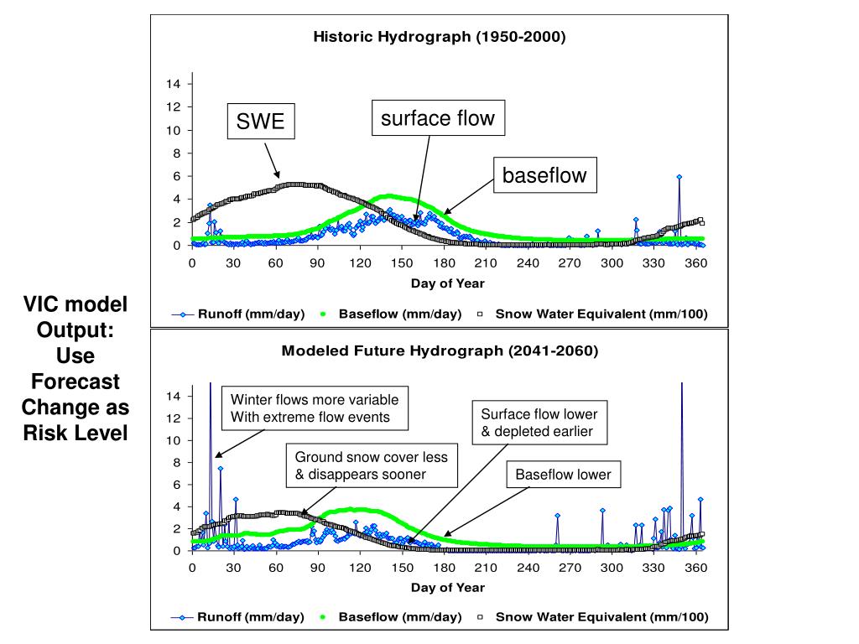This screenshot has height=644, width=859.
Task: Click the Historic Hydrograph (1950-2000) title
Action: [x=440, y=37]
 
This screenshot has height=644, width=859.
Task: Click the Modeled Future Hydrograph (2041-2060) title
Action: [x=440, y=351]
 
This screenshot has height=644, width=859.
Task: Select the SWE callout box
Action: [x=260, y=122]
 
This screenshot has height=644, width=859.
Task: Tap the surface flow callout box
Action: [x=438, y=118]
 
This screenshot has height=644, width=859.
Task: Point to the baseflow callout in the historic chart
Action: [x=544, y=175]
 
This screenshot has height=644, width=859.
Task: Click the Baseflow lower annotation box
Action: [x=563, y=475]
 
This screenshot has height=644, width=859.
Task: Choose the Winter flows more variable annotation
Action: [x=315, y=408]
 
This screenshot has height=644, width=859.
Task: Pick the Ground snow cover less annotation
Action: [x=371, y=465]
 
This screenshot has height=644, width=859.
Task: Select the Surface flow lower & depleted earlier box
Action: [x=539, y=423]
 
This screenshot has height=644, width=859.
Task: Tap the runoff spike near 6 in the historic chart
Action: [x=679, y=178]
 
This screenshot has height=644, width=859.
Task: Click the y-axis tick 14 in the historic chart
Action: [x=174, y=84]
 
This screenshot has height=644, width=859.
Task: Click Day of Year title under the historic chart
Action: [x=447, y=283]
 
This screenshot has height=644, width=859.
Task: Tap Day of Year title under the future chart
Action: [x=447, y=588]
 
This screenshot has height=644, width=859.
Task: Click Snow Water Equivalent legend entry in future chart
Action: [x=601, y=617]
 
